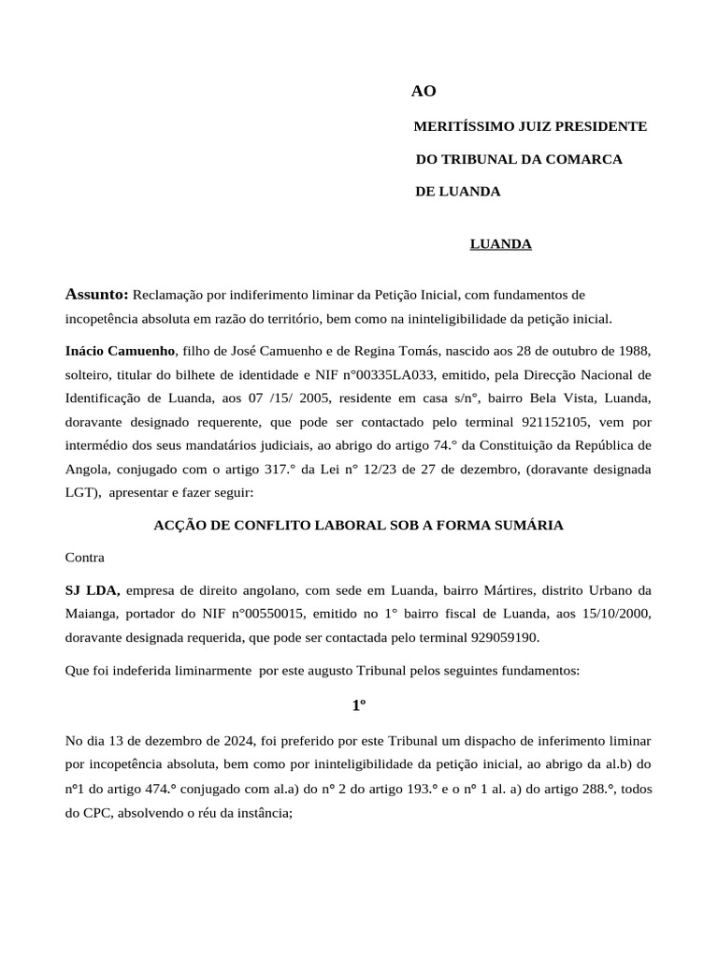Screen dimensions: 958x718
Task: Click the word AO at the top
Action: tap(424, 91)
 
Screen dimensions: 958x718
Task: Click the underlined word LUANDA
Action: tap(500, 244)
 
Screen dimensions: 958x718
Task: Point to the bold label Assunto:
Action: tap(97, 295)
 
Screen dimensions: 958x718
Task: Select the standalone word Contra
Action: tap(85, 557)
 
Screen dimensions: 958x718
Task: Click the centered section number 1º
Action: tap(358, 705)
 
